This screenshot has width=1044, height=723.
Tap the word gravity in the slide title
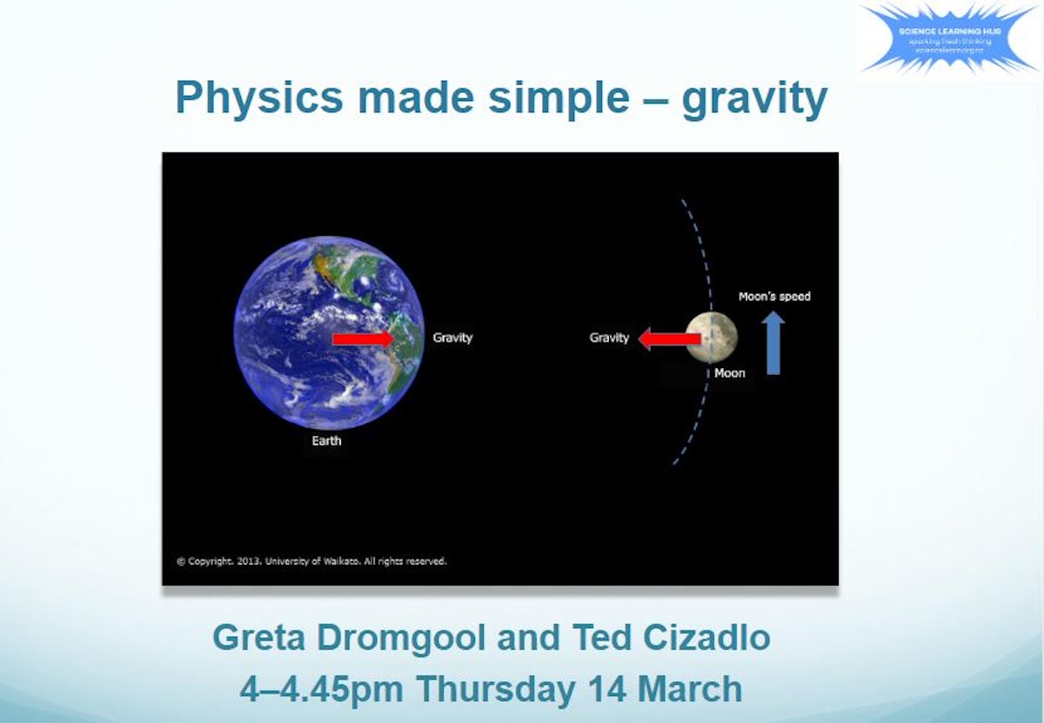point(753,99)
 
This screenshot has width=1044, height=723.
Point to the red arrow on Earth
point(363,338)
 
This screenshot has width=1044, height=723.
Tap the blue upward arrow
point(773,344)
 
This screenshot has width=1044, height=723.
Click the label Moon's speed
point(774,296)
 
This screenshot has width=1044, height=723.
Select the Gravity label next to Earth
point(452,338)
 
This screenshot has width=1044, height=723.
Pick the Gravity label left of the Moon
point(609,338)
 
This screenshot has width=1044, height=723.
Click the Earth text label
point(326,441)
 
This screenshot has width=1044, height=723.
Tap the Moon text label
point(730,373)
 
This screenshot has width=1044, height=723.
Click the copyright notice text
point(311,561)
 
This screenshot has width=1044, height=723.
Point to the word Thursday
point(494,689)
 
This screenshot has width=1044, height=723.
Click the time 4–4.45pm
point(321,689)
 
